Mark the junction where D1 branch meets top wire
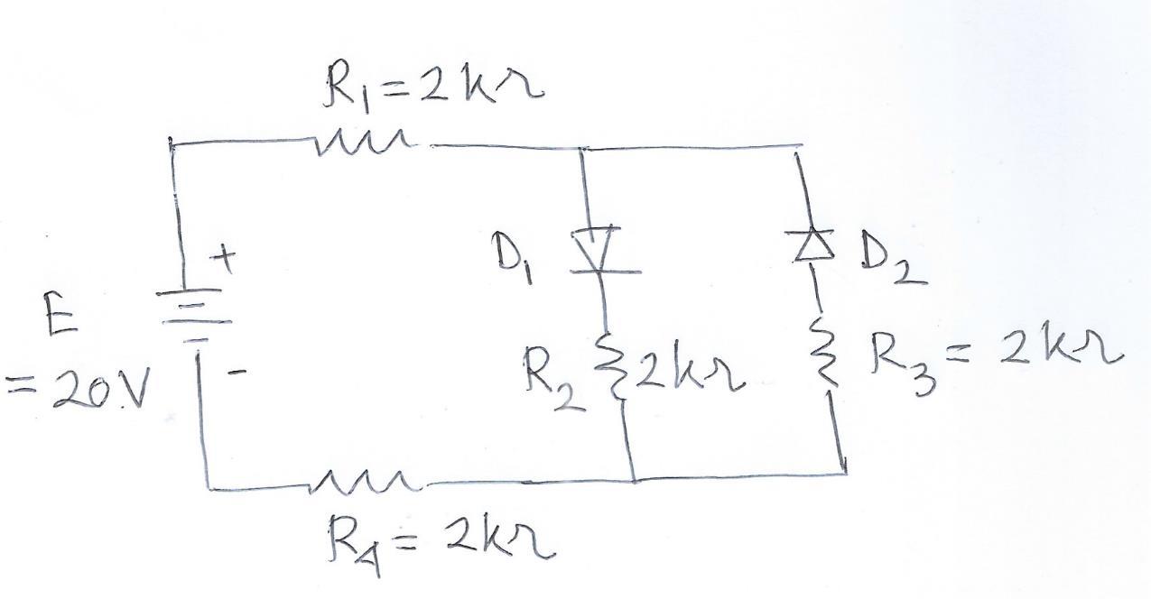[x=580, y=147]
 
